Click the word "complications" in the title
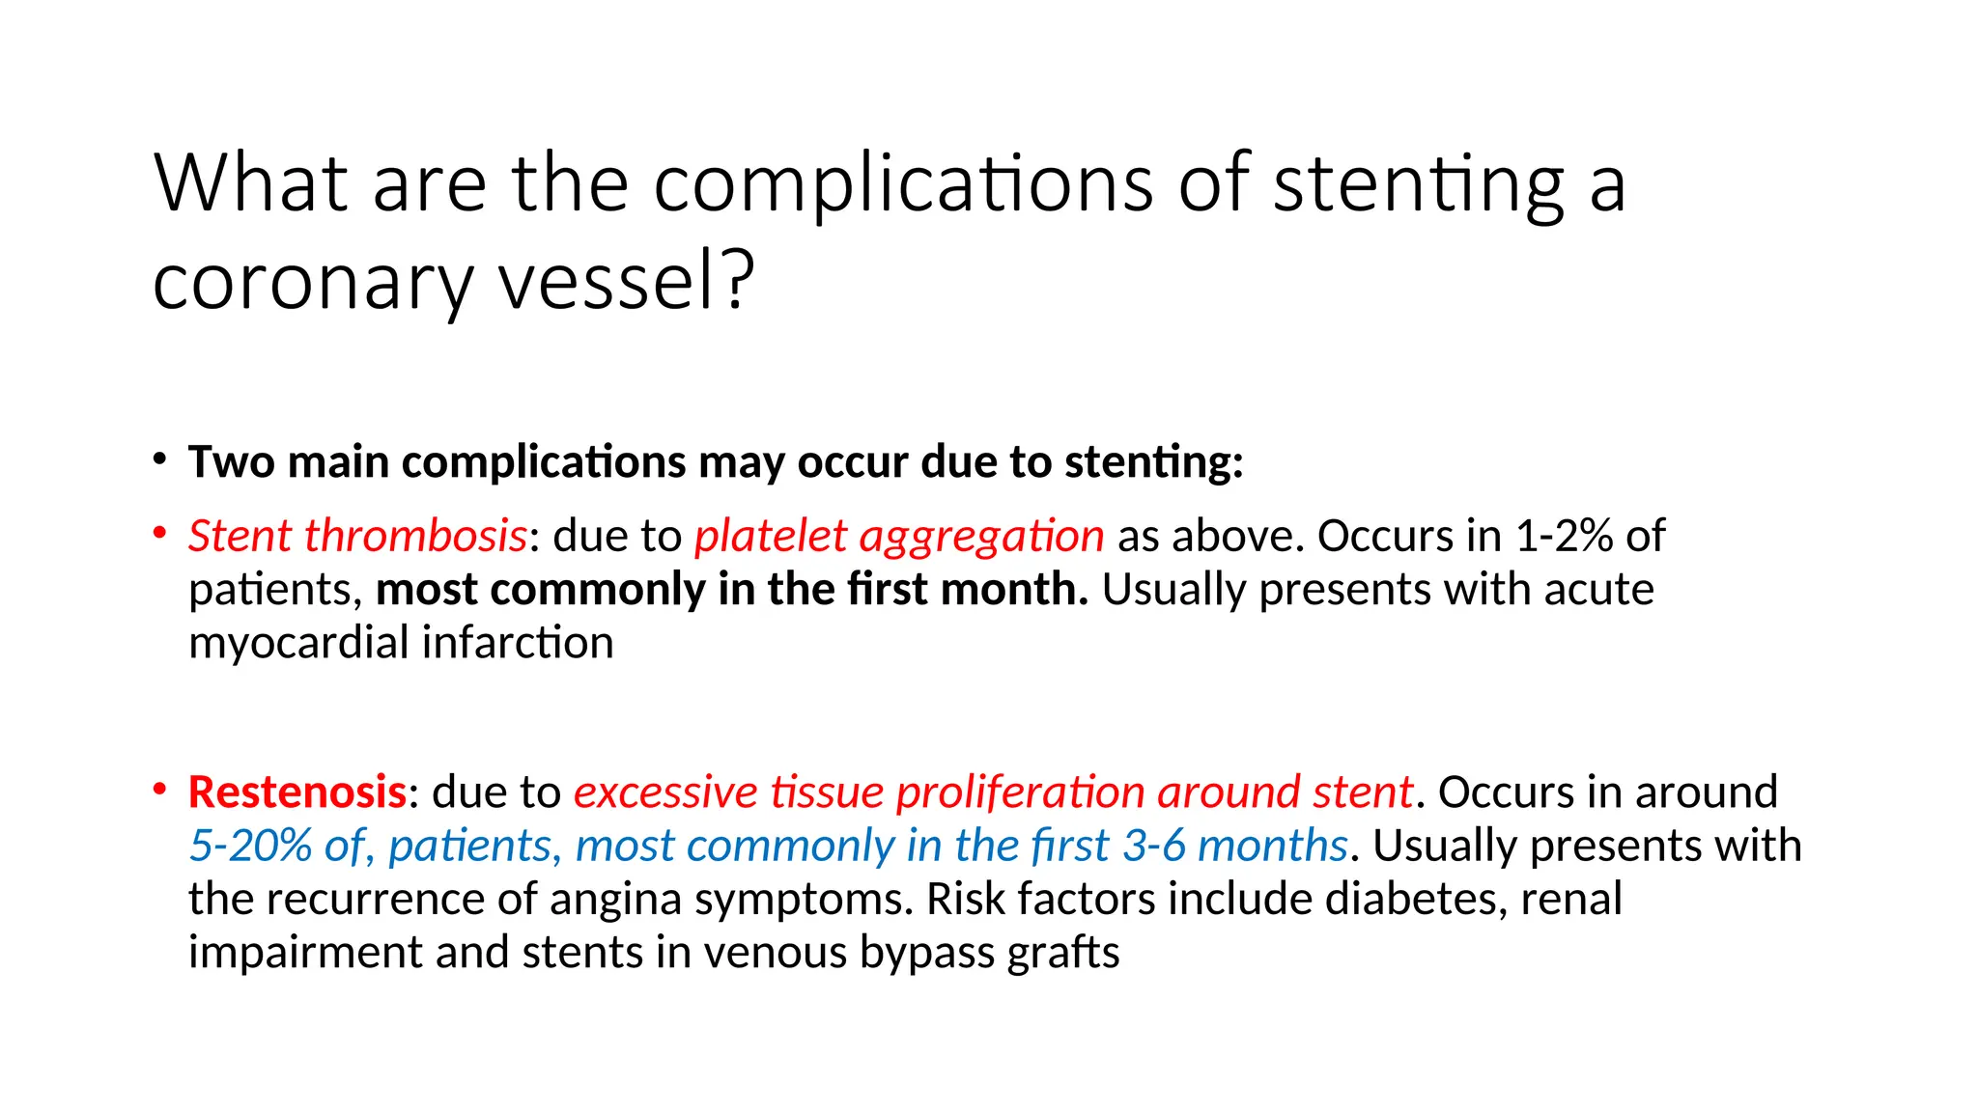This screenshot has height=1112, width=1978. click(x=902, y=185)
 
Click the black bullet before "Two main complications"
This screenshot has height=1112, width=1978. click(x=160, y=459)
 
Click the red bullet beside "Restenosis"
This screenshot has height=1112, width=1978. click(x=160, y=789)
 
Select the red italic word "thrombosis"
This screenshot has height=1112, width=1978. click(x=415, y=536)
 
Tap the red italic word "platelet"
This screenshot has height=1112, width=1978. click(x=770, y=536)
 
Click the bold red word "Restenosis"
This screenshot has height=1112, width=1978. click(x=297, y=792)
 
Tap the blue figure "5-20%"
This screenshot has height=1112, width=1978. click(x=250, y=847)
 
